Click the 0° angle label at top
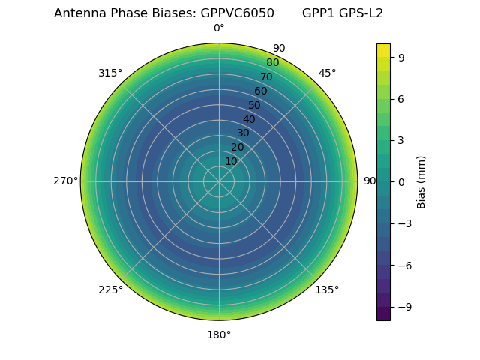click(x=219, y=28)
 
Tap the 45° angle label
click(x=327, y=73)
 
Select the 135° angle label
click(x=327, y=289)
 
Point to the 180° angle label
click(x=219, y=334)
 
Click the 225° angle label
click(x=110, y=289)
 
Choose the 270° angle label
click(x=65, y=181)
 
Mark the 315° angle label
click(x=110, y=73)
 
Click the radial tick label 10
click(x=231, y=161)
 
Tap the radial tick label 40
click(x=249, y=119)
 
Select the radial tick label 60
click(x=260, y=91)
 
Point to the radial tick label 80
click(x=272, y=63)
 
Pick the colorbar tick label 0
click(x=402, y=182)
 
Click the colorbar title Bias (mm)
click(x=421, y=182)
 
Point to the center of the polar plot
click(x=219, y=181)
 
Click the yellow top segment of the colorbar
click(x=383, y=50)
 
